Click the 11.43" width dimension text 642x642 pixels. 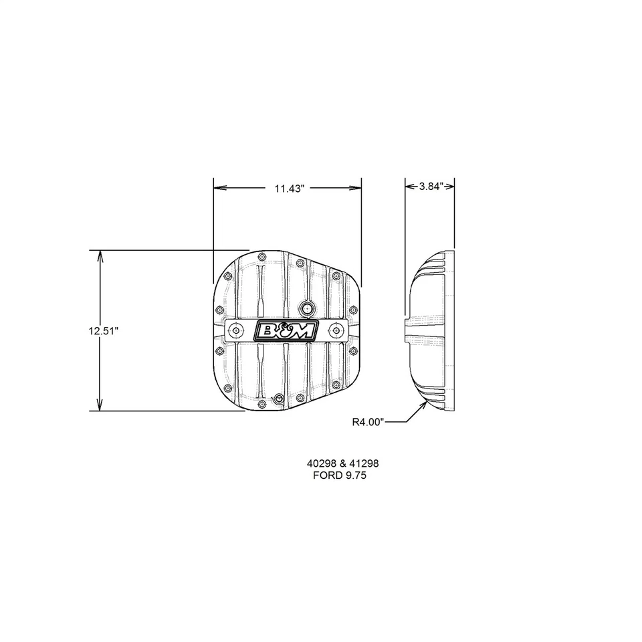(290, 189)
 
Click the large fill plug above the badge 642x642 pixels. (307, 308)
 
